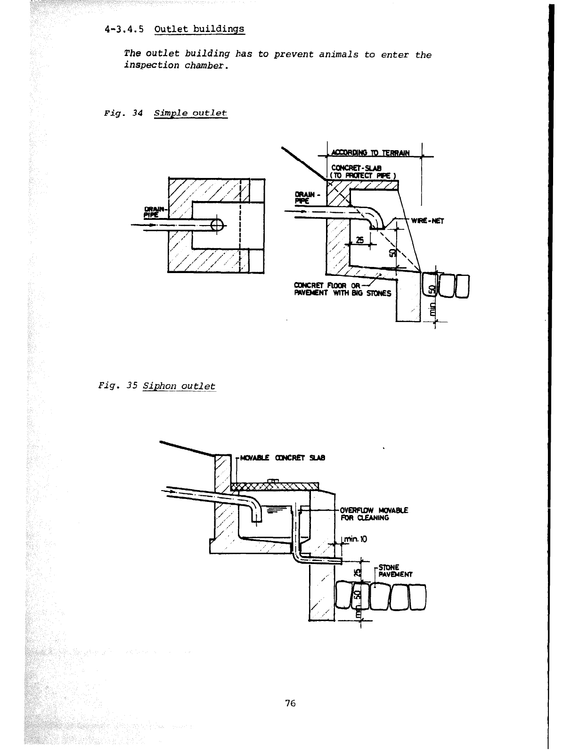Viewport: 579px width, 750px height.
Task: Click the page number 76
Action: (x=290, y=703)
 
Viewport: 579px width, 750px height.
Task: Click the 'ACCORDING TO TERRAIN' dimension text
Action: (x=370, y=153)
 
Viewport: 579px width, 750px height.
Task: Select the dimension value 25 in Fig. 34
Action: (x=360, y=240)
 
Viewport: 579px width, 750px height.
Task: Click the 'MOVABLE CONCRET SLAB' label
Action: (x=282, y=458)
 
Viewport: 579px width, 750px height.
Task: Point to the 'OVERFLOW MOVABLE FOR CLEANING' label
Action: (x=374, y=514)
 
